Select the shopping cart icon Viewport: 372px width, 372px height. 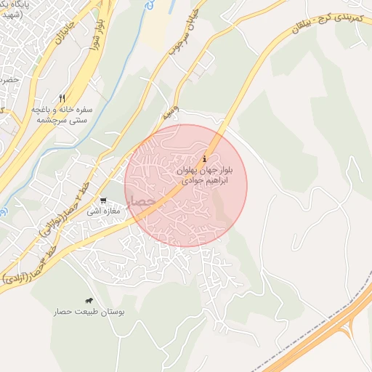tap(104, 201)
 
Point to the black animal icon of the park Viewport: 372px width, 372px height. tap(89, 301)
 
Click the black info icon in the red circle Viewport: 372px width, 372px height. tap(205, 158)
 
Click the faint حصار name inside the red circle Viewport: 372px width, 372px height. tap(140, 198)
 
